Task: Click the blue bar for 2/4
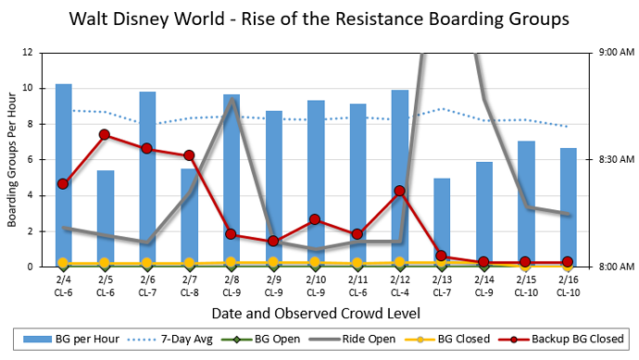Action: coord(63,175)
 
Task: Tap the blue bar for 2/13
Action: coord(442,222)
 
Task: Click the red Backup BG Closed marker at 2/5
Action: coord(105,135)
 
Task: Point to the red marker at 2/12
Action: coord(399,191)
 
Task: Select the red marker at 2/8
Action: coord(232,234)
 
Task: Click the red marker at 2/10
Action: coord(315,219)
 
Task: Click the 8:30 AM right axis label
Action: coord(610,160)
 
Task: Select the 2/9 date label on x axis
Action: coord(273,279)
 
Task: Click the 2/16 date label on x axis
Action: coord(567,279)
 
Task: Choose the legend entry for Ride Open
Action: coord(363,339)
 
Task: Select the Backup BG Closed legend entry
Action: coord(566,339)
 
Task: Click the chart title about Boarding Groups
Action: coord(319,18)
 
